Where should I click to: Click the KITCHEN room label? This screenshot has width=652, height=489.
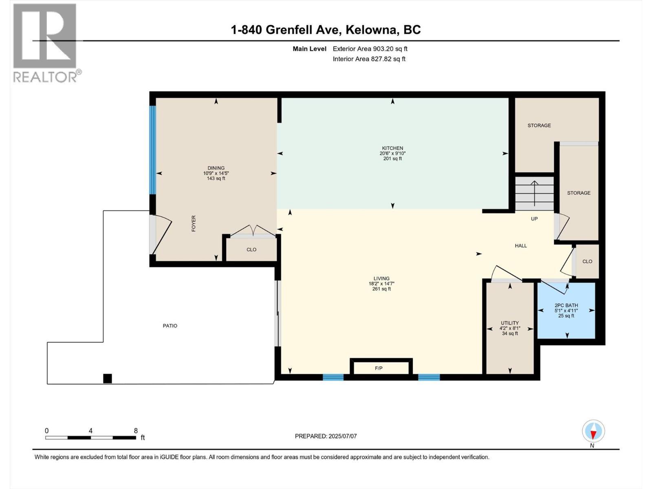[x=392, y=148]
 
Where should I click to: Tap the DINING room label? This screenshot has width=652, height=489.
[x=216, y=168]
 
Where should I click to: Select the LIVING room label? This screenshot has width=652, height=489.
[x=381, y=279]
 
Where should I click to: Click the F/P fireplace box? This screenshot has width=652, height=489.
[x=381, y=368]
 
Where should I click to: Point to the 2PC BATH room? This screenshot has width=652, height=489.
[x=566, y=310]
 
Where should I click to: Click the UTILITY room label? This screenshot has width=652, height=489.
[x=510, y=323]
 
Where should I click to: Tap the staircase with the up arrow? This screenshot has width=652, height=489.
[x=534, y=193]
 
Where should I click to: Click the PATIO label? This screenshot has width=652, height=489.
[x=170, y=326]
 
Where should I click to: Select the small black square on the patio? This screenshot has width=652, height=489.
[x=107, y=379]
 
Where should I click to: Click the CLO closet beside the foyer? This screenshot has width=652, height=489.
[x=251, y=249]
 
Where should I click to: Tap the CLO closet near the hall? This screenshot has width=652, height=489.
[x=587, y=261]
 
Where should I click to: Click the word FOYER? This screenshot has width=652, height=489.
[x=194, y=223]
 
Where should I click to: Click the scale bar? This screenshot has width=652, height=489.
[x=90, y=438]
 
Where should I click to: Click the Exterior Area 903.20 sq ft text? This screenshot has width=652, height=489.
[x=370, y=49]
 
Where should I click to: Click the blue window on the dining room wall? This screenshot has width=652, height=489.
[x=152, y=150]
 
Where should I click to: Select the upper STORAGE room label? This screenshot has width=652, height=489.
[x=539, y=126]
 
